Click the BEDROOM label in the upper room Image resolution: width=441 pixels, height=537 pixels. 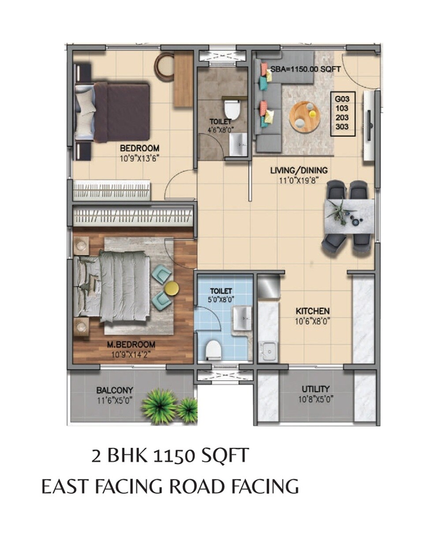139,148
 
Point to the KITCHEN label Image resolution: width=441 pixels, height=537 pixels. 313,311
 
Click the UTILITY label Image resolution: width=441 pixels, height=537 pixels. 315,389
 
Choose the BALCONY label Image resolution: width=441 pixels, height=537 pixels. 115,390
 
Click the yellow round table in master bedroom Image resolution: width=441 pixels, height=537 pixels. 171,289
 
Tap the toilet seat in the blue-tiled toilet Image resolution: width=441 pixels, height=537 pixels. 213,350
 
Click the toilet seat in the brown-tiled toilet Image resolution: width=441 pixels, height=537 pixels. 232,109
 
